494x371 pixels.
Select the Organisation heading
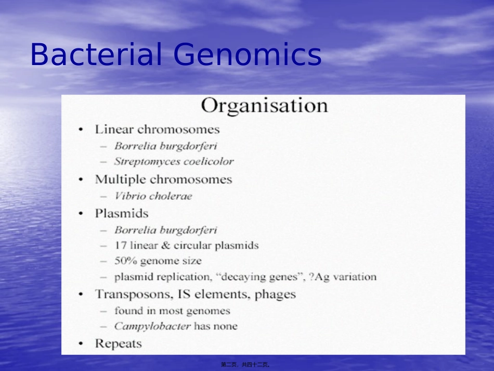click(264, 106)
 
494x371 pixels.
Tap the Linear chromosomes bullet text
click(157, 129)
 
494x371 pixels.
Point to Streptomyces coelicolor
click(174, 161)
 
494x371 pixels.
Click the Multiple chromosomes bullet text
click(163, 180)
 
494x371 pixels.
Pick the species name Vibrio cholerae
click(153, 196)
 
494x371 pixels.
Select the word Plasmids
click(121, 213)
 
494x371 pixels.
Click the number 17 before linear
click(121, 245)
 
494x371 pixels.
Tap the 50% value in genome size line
click(125, 261)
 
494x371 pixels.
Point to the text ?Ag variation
click(342, 277)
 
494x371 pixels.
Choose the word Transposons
click(133, 294)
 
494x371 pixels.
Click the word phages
click(275, 295)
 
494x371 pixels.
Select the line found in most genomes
click(172, 311)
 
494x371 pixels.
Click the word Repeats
click(118, 343)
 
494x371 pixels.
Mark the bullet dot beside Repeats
click(81, 344)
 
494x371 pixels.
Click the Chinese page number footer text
click(245, 365)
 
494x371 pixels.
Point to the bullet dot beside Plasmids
click(81, 214)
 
